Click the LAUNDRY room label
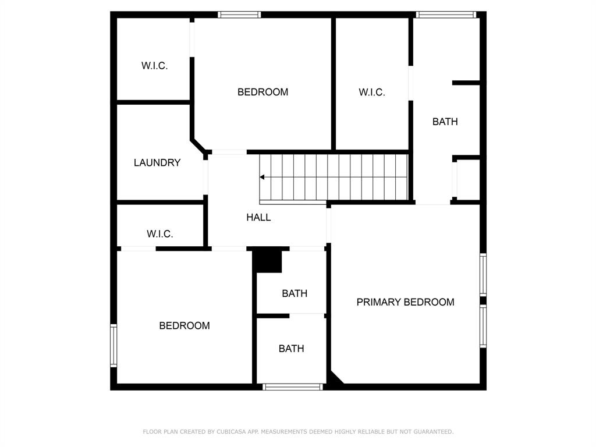[x=157, y=163]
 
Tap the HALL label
[x=258, y=218]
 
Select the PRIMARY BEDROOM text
[x=405, y=302]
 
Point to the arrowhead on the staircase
[x=262, y=177]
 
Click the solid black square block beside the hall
[x=268, y=260]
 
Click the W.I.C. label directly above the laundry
[x=154, y=66]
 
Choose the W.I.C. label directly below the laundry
[x=159, y=234]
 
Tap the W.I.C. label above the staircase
[x=372, y=93]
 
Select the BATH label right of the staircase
[x=445, y=122]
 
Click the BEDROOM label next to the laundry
[x=262, y=92]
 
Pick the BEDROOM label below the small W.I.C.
[x=185, y=326]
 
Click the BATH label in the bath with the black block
[x=295, y=293]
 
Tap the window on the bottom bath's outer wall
[x=293, y=387]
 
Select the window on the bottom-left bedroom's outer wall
[x=113, y=346]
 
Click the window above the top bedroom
[x=239, y=15]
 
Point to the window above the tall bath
[x=446, y=15]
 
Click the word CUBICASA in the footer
[x=230, y=432]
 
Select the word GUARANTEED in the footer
[x=433, y=432]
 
